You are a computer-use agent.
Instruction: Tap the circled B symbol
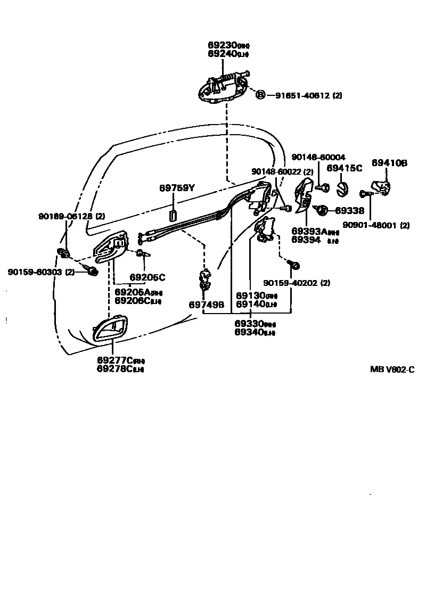point(260,95)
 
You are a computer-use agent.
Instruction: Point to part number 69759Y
point(177,188)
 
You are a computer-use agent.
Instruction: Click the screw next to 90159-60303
point(92,272)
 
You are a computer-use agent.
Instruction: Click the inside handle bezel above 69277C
point(111,330)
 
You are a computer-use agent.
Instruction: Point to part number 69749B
point(207,305)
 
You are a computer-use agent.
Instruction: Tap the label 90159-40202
point(296,283)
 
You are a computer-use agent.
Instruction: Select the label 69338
point(350,211)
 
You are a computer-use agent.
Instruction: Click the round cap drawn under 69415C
point(343,188)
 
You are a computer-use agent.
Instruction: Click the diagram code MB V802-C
point(392,369)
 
